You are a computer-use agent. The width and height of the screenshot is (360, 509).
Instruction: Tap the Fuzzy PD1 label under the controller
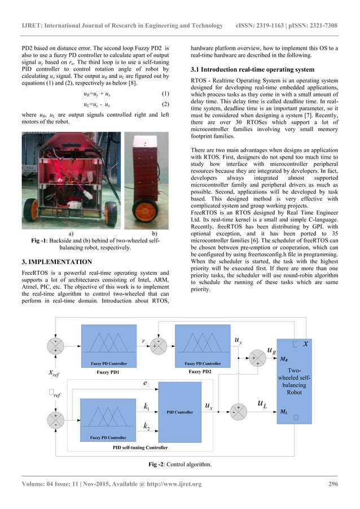point(107,373)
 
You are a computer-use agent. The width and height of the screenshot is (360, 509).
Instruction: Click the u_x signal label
point(208,406)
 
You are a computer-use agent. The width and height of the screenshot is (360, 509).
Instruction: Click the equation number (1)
point(165,93)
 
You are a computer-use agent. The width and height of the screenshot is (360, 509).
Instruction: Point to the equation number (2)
point(165,104)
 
